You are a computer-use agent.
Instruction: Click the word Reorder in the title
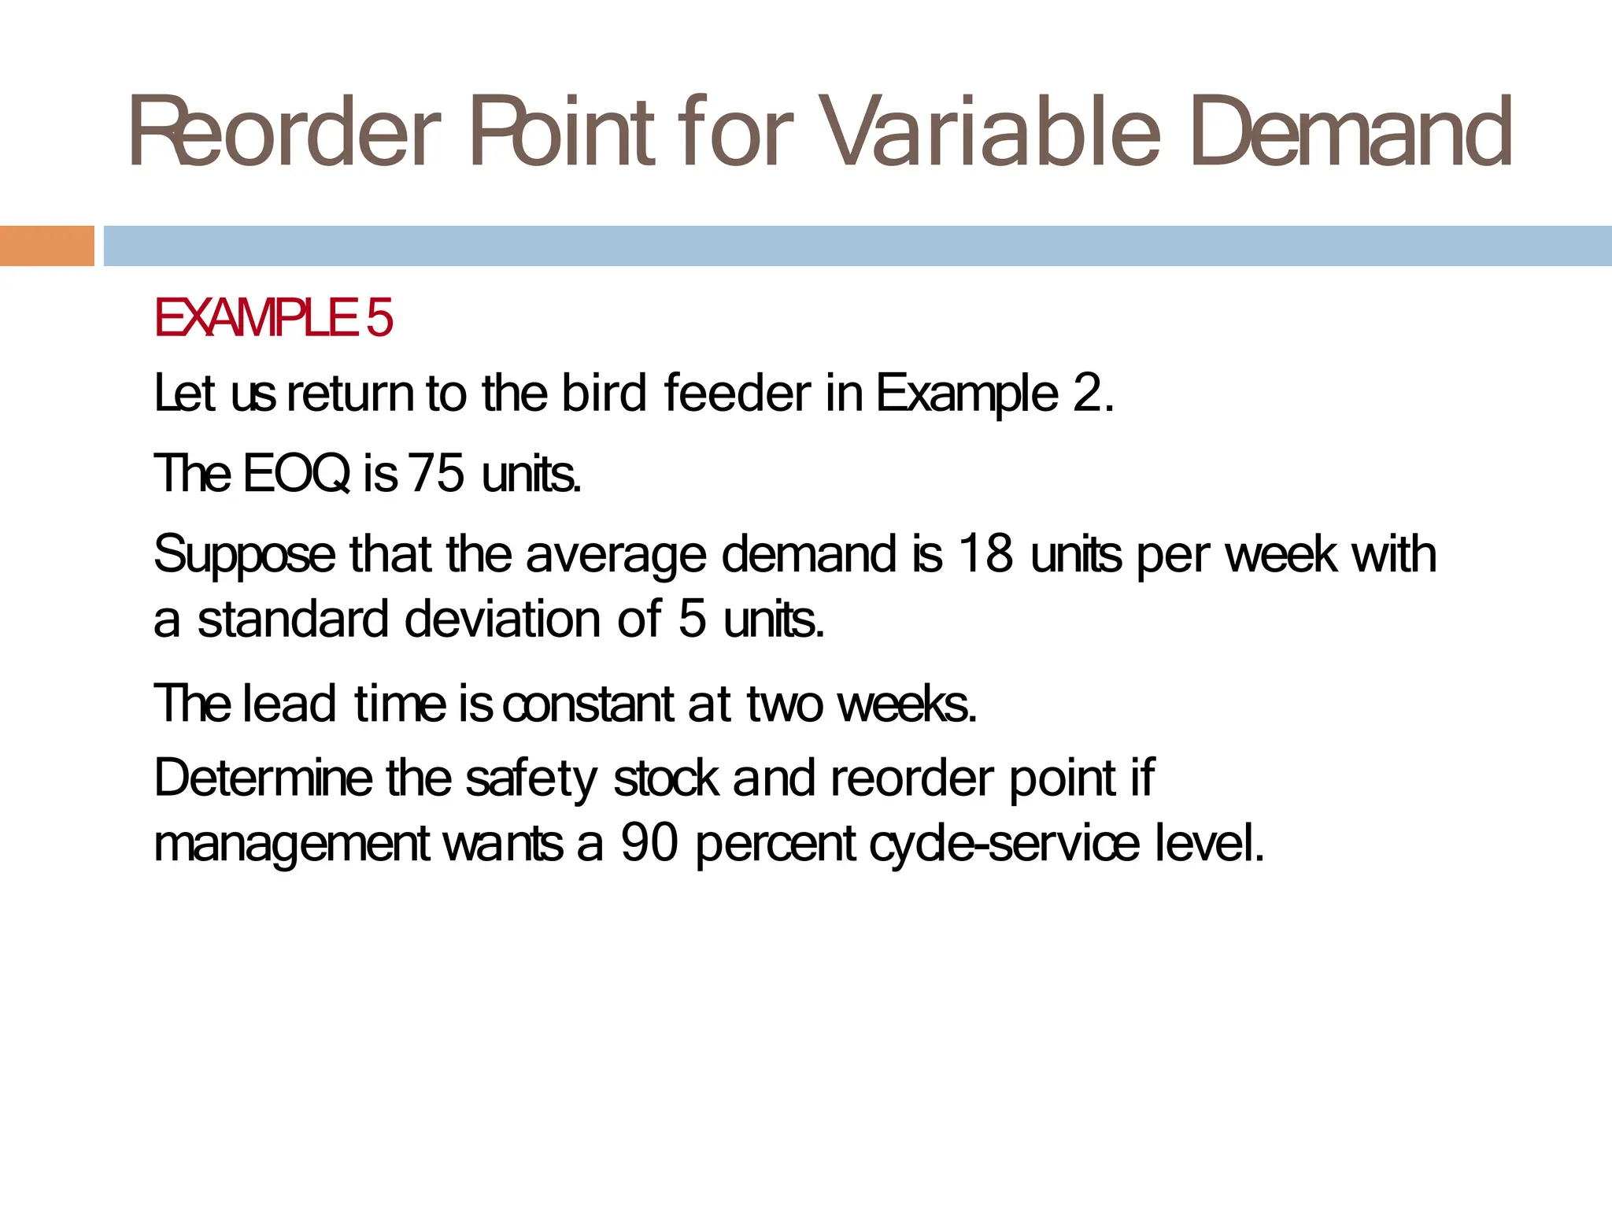(x=283, y=132)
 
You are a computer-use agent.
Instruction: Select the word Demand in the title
(x=1351, y=132)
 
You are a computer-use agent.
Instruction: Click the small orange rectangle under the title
(x=46, y=246)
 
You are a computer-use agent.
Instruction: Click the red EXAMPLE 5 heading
(x=273, y=318)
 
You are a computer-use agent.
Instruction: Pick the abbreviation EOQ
(x=297, y=474)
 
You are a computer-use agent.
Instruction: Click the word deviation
(x=504, y=619)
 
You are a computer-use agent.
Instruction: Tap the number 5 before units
(x=692, y=619)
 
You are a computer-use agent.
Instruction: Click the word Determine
(x=263, y=778)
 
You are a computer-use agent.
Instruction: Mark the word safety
(x=531, y=780)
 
